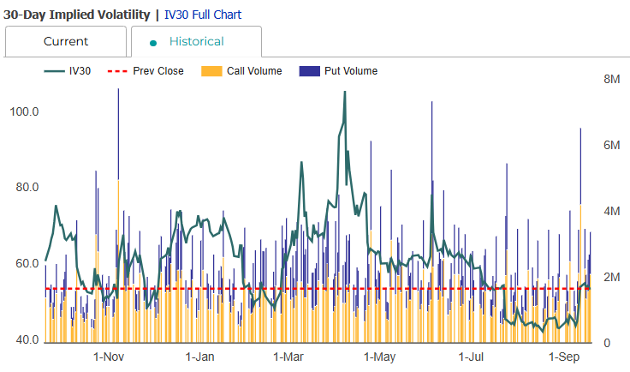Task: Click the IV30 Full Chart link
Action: (203, 15)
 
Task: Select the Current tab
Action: (66, 41)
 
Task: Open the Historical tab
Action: (196, 41)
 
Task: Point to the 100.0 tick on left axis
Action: (24, 112)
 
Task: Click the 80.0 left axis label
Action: (24, 188)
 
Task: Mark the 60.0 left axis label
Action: (24, 264)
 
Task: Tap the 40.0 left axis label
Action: (24, 340)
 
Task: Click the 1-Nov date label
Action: (109, 357)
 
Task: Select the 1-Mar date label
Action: (288, 357)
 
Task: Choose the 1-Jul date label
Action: (472, 357)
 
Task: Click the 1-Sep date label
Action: (564, 357)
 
